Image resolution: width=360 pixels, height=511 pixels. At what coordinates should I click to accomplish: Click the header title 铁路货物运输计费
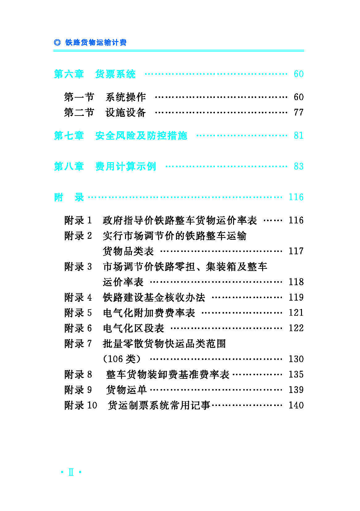click(x=96, y=42)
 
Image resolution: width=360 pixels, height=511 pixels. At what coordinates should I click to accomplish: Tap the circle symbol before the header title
click(x=57, y=42)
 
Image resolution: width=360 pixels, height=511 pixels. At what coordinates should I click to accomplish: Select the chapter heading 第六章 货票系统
click(x=94, y=74)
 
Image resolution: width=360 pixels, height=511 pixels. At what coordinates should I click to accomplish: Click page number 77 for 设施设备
click(x=299, y=112)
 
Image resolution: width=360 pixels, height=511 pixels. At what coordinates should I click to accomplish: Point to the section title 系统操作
click(x=126, y=97)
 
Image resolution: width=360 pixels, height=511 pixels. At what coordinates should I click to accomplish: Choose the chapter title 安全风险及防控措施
click(x=141, y=136)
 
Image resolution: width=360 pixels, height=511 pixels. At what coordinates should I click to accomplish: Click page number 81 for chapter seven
click(x=299, y=136)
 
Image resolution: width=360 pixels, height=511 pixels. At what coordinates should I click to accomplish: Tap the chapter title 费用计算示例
click(x=126, y=166)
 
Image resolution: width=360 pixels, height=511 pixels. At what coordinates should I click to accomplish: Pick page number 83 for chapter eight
click(x=299, y=166)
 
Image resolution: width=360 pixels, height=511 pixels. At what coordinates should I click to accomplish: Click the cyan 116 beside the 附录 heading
click(x=296, y=197)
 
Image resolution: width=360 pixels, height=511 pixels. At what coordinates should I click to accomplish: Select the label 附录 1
click(x=78, y=220)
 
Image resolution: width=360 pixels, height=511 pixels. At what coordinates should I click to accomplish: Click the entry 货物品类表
click(x=128, y=251)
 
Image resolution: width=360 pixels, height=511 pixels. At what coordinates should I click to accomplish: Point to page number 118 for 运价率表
click(x=296, y=282)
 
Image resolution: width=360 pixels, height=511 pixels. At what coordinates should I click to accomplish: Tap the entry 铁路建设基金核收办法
click(x=154, y=298)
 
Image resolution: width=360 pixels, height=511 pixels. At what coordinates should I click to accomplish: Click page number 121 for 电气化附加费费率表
click(x=296, y=313)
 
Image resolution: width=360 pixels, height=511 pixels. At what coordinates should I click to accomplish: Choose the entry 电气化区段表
click(x=133, y=328)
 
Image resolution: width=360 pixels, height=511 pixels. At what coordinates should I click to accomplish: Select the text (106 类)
click(x=122, y=359)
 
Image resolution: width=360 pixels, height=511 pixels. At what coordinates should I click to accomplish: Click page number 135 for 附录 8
click(x=296, y=374)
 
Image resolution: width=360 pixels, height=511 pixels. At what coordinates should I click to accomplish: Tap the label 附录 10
click(x=81, y=405)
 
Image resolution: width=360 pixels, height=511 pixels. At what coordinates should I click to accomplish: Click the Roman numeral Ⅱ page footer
click(x=71, y=472)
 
